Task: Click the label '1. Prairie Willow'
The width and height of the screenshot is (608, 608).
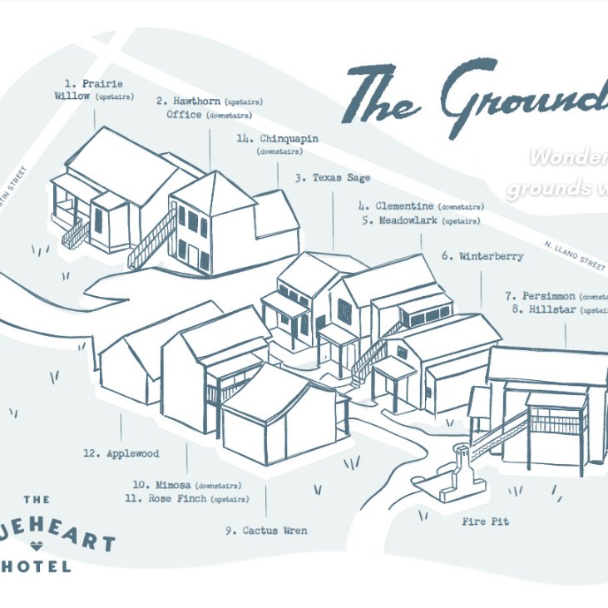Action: pyautogui.click(x=92, y=90)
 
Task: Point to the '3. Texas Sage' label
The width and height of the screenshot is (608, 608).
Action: pyautogui.click(x=332, y=178)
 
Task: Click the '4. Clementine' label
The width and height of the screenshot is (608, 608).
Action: pyautogui.click(x=396, y=206)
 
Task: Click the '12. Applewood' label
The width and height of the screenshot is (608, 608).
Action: pyautogui.click(x=121, y=454)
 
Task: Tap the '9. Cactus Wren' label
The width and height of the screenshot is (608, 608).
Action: pyautogui.click(x=265, y=531)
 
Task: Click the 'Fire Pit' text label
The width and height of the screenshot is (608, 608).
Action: pyautogui.click(x=485, y=522)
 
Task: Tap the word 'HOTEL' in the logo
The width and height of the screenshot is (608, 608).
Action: pyautogui.click(x=37, y=566)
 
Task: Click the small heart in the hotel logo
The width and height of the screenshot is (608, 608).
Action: pyautogui.click(x=36, y=546)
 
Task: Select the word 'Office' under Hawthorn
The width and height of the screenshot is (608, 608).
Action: pyautogui.click(x=184, y=115)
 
